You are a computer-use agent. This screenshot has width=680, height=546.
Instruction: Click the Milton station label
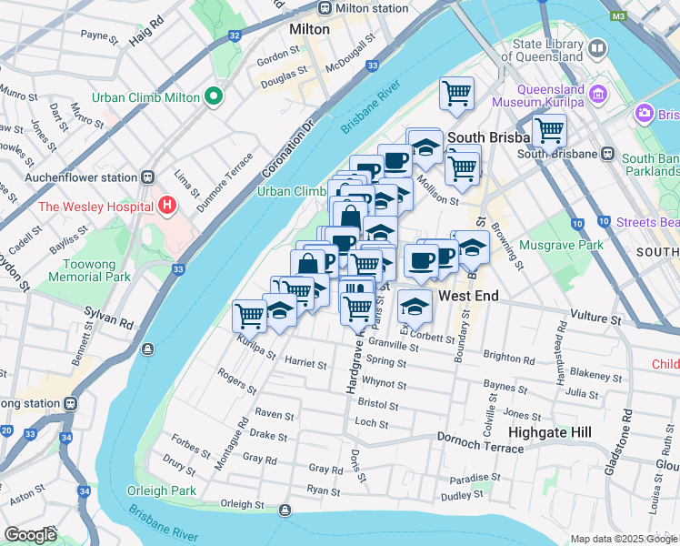[x=372, y=8]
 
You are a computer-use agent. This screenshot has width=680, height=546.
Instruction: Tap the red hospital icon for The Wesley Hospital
[x=166, y=206]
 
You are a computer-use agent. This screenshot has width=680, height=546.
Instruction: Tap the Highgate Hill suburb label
[x=551, y=432]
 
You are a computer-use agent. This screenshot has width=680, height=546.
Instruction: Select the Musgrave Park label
[x=561, y=246]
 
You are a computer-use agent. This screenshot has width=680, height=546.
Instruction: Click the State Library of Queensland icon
[x=597, y=47]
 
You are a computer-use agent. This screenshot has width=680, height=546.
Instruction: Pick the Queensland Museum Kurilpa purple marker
[x=599, y=95]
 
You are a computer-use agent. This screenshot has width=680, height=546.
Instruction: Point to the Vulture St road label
[x=595, y=319]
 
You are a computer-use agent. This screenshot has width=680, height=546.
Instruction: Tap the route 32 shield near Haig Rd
[x=235, y=35]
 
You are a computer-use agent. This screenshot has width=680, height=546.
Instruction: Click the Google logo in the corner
[x=30, y=535]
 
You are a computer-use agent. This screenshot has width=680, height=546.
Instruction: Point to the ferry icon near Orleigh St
[x=286, y=510]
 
